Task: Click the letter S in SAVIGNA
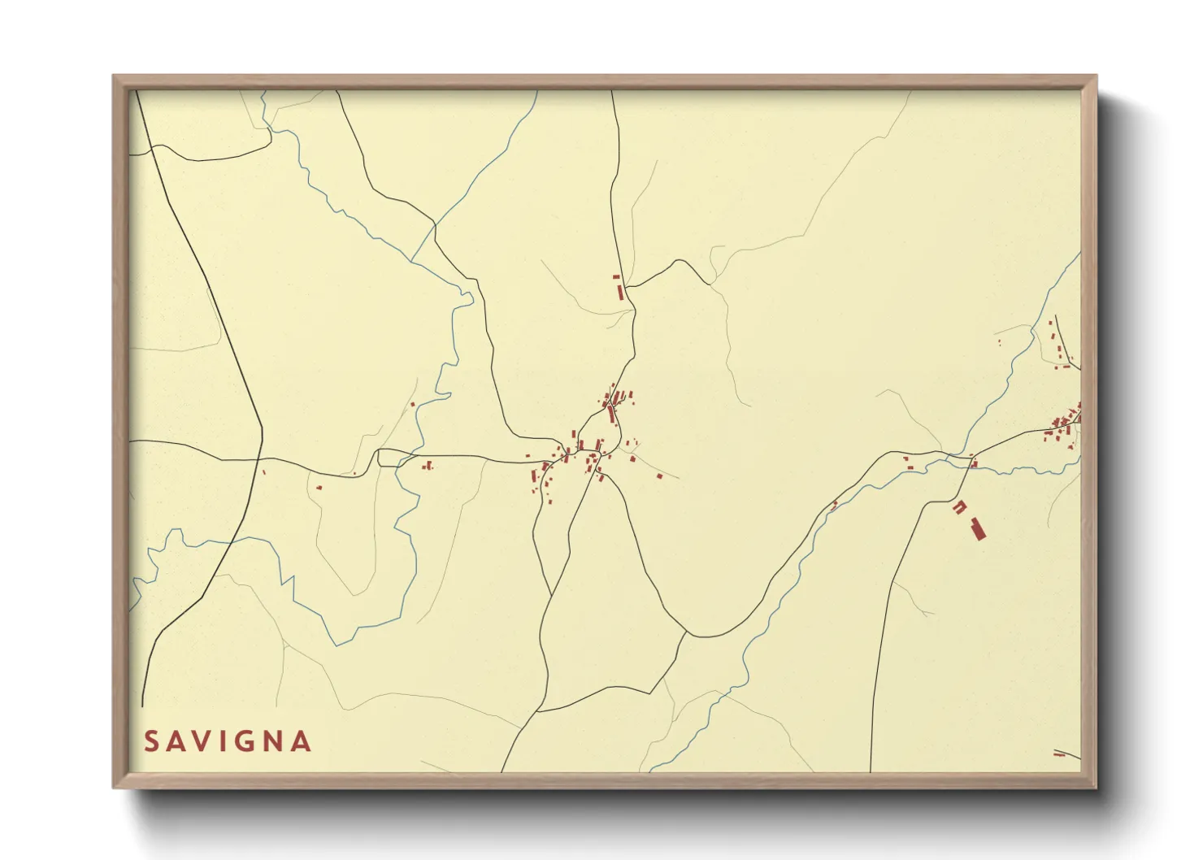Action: tap(152, 741)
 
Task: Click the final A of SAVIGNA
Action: tap(302, 741)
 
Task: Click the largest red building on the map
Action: tap(977, 528)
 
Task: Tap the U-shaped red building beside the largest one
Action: tap(960, 507)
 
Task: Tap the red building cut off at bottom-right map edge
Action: tap(1060, 755)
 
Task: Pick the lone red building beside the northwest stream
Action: tap(412, 404)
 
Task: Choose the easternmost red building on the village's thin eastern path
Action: tap(659, 476)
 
